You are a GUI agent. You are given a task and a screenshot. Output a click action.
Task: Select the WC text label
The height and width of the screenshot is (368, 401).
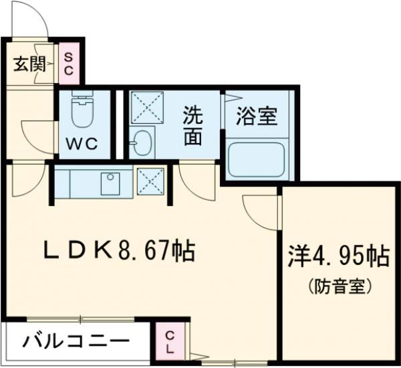tap(83, 143)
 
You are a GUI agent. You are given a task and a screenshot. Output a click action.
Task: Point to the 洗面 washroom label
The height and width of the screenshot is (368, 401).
tap(193, 125)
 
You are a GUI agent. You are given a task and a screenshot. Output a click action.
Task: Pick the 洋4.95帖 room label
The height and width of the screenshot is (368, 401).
tap(339, 256)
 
